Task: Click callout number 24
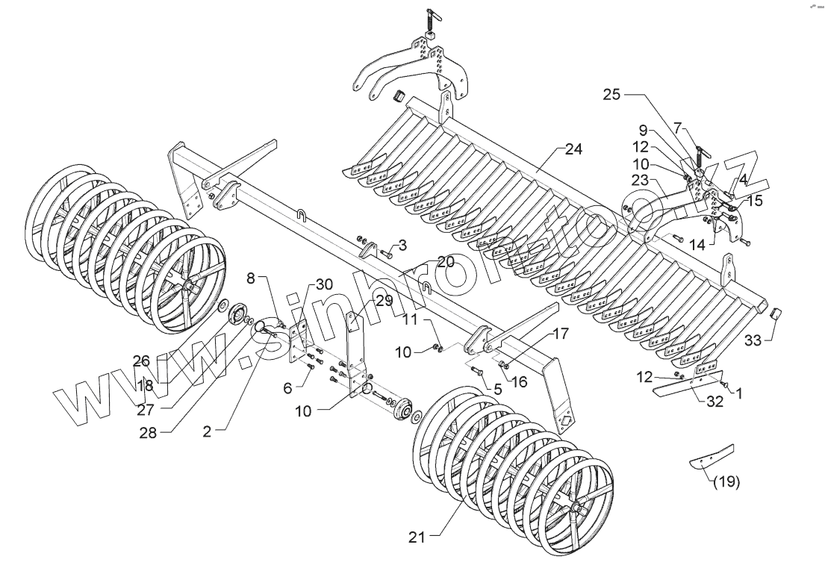[x=573, y=149]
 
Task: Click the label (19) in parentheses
[x=725, y=481]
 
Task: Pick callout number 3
[x=402, y=245]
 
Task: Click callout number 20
[x=445, y=262]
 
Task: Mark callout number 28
[x=148, y=433]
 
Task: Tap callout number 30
[x=323, y=284]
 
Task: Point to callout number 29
[x=383, y=301]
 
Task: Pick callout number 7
[x=678, y=127]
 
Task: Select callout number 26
[x=142, y=362]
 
